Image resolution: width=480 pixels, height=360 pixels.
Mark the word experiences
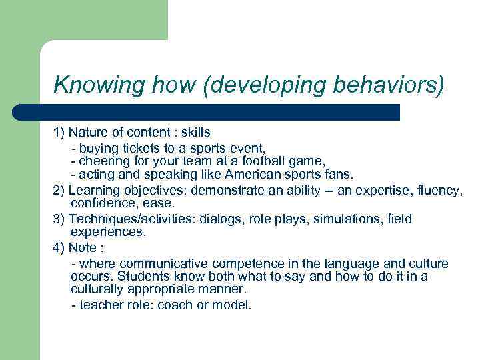(108, 233)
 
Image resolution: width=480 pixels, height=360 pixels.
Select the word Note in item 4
(83, 247)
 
